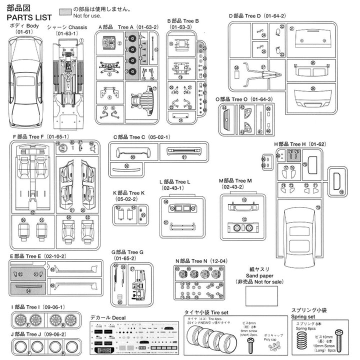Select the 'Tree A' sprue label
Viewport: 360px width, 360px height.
pyautogui.click(x=117, y=27)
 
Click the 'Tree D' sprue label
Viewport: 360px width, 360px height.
pyautogui.click(x=257, y=16)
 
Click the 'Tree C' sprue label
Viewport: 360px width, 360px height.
pyautogui.click(x=137, y=136)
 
